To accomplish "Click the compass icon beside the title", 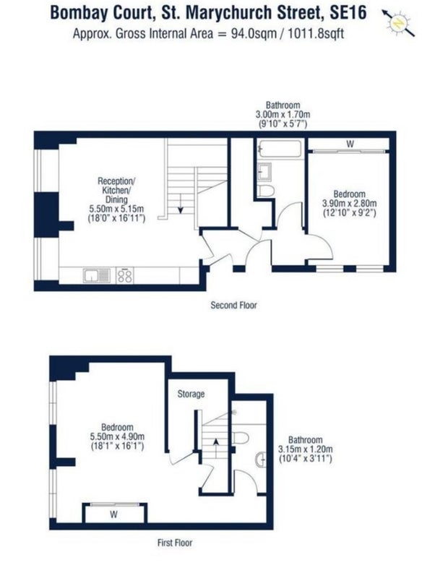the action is coord(398,23).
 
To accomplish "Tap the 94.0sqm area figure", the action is coord(253,33).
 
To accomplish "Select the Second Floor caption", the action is coord(233,305).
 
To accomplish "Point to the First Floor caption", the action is coord(175,543).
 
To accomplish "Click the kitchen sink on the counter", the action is coord(97,275).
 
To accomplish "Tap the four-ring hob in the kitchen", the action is coord(125,275).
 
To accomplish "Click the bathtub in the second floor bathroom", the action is coord(280,150).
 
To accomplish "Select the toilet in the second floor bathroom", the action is coord(266,191).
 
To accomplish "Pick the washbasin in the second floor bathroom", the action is coord(264,171).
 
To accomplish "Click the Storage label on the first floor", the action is coord(191,394).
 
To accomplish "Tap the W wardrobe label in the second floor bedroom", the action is coord(350,144).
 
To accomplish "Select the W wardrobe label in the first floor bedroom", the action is coord(114,514).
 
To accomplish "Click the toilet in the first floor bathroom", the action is coord(241,438).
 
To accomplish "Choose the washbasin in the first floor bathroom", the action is coord(260,460).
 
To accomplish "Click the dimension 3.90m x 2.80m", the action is coord(350,204).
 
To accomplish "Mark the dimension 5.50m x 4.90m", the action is coord(117,437).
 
